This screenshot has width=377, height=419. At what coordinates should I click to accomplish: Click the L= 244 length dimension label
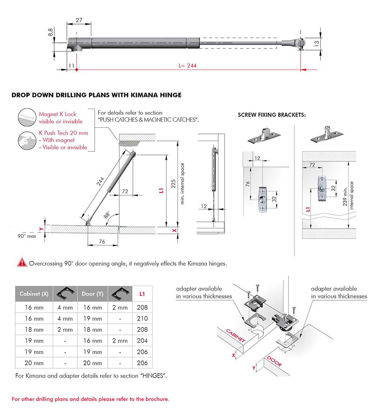click(187, 66)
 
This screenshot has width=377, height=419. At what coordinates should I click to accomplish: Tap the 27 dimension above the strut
click(79, 20)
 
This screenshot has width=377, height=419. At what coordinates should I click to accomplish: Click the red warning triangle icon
click(21, 263)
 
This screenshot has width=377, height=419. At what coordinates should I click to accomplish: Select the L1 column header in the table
click(142, 294)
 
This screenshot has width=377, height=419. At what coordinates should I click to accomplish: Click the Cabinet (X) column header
click(34, 294)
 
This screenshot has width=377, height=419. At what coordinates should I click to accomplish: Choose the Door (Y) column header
click(92, 294)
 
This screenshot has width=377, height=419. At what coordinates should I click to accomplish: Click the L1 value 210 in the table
click(142, 319)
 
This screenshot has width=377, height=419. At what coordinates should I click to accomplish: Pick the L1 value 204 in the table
click(142, 340)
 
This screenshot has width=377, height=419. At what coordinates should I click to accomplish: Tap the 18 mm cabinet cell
click(34, 330)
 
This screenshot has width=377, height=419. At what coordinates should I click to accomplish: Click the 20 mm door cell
click(92, 363)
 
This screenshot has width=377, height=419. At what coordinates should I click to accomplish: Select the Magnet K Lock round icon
click(28, 117)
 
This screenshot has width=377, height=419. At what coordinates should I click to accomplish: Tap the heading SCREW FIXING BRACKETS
click(272, 115)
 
